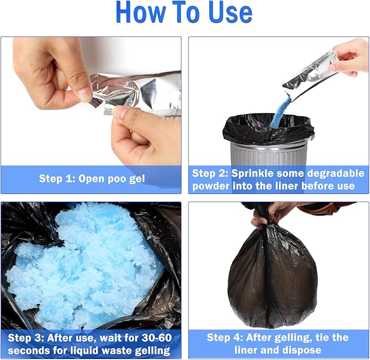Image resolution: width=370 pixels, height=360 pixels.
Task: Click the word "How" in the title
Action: [141, 12]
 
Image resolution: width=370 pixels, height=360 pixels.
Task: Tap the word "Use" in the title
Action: [231, 12]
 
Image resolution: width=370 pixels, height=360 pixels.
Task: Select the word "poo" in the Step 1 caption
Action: [116, 179]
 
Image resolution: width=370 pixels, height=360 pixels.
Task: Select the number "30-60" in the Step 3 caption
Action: [157, 338]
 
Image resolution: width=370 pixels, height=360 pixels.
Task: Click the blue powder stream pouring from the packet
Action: [281, 113]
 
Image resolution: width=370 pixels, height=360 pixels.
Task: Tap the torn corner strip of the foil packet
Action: [95, 103]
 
